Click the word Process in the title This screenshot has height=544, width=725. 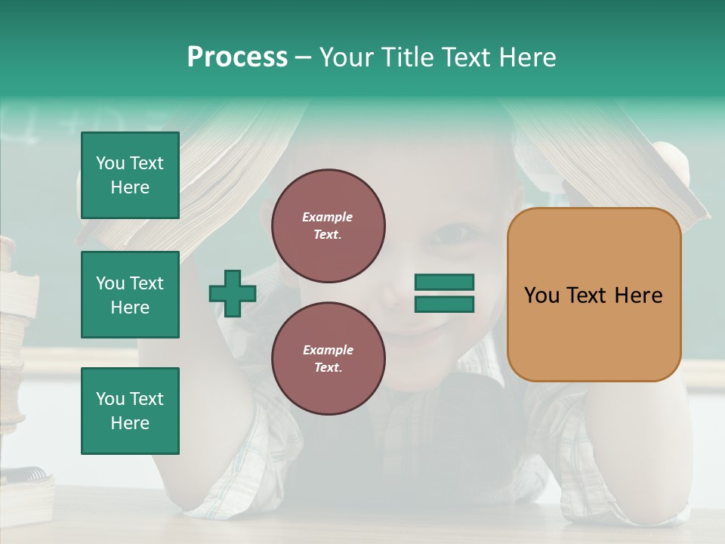click(x=237, y=57)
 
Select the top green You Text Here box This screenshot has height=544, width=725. click(x=130, y=175)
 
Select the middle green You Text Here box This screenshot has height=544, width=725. click(x=130, y=295)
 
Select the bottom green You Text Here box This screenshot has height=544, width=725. click(x=130, y=410)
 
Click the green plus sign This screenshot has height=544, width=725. click(x=233, y=293)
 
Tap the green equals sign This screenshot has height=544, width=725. click(x=444, y=293)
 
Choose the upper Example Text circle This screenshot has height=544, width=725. click(x=329, y=226)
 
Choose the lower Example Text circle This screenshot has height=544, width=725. click(x=329, y=359)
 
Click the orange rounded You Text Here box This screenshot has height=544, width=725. click(x=594, y=295)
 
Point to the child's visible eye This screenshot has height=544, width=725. click(x=452, y=234)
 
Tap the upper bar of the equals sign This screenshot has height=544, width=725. click(x=444, y=283)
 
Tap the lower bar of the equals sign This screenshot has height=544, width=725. click(x=444, y=304)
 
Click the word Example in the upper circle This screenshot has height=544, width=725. click(x=327, y=217)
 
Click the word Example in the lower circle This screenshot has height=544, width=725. click(x=328, y=350)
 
